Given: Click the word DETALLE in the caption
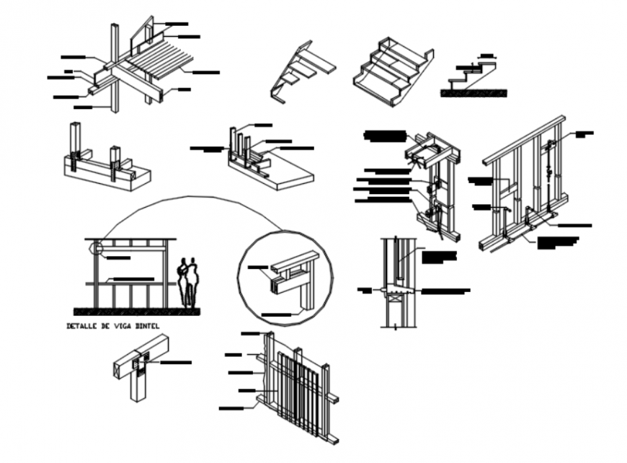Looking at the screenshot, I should [81, 326].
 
